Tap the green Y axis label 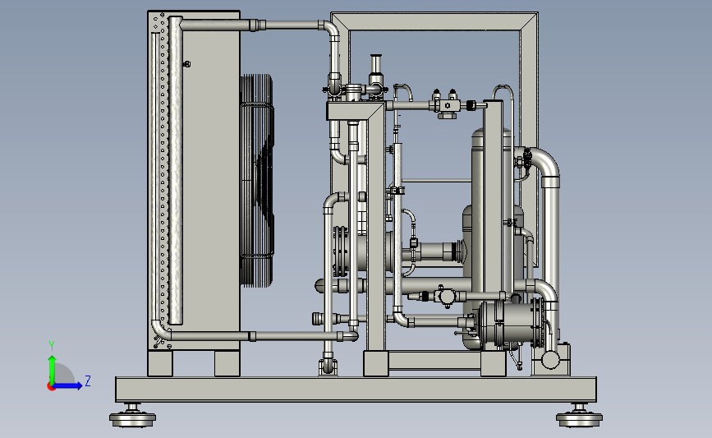point(52,346)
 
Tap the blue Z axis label point(88,380)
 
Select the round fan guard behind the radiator point(256,181)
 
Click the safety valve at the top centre point(376,75)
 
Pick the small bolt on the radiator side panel point(186,64)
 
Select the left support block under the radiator point(160,363)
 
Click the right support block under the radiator point(227,363)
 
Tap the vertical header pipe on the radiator point(175,170)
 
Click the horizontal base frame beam point(356,390)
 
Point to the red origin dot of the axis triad point(51,386)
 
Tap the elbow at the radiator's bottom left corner point(160,330)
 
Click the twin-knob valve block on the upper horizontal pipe point(447,104)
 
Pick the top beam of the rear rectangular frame point(434,22)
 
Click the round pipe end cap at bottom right point(550,360)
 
